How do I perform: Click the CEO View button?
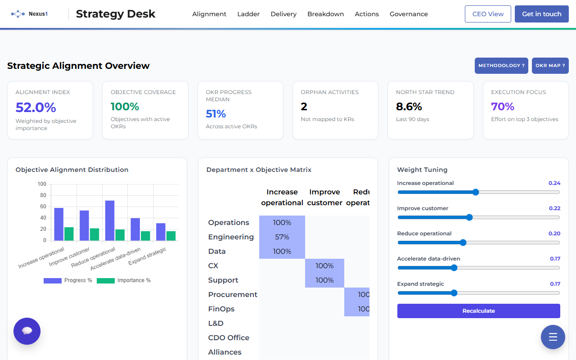pyautogui.click(x=488, y=14)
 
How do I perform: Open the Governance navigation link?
pyautogui.click(x=409, y=14)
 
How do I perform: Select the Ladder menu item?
pyautogui.click(x=248, y=14)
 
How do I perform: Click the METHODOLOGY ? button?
pyautogui.click(x=501, y=66)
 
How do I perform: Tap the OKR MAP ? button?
pyautogui.click(x=550, y=66)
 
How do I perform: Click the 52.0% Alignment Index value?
pyautogui.click(x=36, y=108)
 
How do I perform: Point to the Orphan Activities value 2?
pyautogui.click(x=304, y=107)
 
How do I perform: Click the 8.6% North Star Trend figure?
pyautogui.click(x=409, y=107)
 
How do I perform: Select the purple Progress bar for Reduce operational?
pyautogui.click(x=110, y=220)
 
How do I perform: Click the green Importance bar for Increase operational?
pyautogui.click(x=69, y=234)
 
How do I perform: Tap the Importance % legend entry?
pyautogui.click(x=124, y=280)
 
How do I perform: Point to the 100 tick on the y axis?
pyautogui.click(x=42, y=184)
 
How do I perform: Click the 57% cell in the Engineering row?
pyautogui.click(x=282, y=237)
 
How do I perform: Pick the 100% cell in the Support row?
pyautogui.click(x=324, y=280)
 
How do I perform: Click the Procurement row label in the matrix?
pyautogui.click(x=233, y=295)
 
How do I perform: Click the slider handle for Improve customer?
pyautogui.click(x=469, y=217)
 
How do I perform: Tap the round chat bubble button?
pyautogui.click(x=27, y=331)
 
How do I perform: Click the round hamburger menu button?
pyautogui.click(x=553, y=337)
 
